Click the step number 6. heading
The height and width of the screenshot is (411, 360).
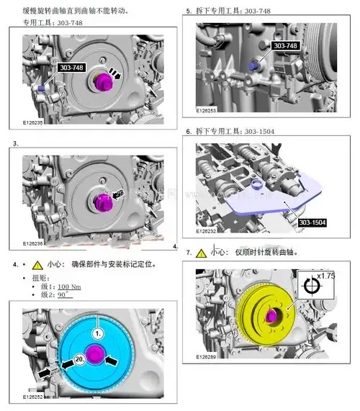pyautogui.click(x=189, y=132)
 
